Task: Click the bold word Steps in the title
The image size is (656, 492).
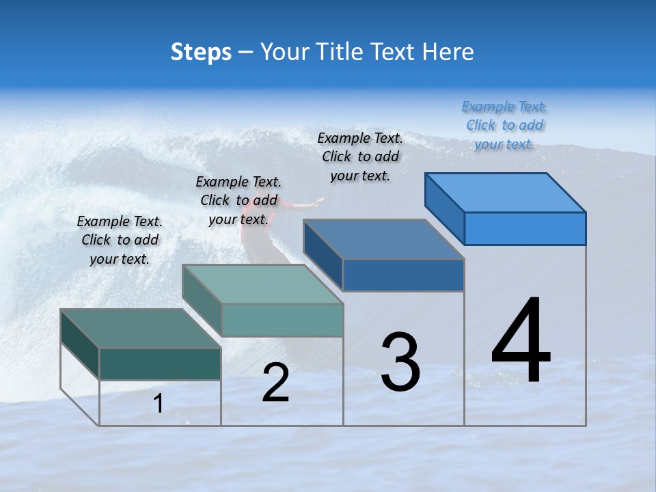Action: tap(201, 52)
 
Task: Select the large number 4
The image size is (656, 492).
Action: tap(521, 341)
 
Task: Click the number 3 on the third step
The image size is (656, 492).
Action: tap(400, 361)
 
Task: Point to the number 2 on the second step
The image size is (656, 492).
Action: tap(275, 383)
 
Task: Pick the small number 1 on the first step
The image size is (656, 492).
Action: tap(159, 404)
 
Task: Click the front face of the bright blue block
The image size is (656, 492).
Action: tap(525, 228)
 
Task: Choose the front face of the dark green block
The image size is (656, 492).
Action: tap(160, 364)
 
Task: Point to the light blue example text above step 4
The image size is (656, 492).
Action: tap(505, 125)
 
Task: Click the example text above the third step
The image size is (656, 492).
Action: tap(360, 156)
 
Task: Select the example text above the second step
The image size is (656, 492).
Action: tap(238, 200)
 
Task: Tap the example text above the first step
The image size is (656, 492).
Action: tap(120, 240)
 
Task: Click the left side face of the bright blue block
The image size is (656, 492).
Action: tap(445, 208)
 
